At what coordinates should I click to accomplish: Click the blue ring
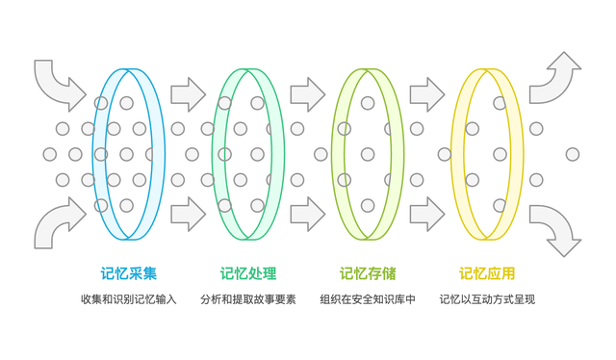(98, 154)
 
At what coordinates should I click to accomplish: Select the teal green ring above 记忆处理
(218, 154)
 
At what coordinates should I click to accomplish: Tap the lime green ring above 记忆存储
(337, 154)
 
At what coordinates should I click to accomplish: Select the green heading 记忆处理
(247, 273)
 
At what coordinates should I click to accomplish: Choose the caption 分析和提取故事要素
(247, 299)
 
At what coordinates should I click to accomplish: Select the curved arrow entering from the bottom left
(58, 222)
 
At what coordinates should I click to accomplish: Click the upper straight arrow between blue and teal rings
(188, 94)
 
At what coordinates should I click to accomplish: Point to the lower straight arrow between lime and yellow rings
(426, 214)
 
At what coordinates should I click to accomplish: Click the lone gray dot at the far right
(573, 154)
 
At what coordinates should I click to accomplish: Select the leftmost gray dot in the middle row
(50, 154)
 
